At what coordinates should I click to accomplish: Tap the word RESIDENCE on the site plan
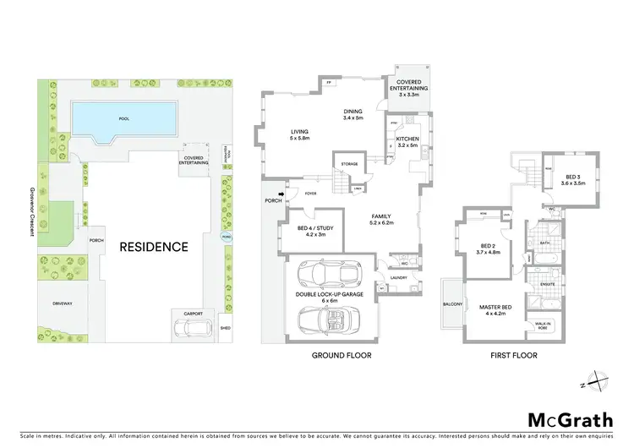[x=153, y=247]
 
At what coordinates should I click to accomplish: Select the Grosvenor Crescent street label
[x=32, y=211]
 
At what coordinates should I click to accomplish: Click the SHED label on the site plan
[x=224, y=329]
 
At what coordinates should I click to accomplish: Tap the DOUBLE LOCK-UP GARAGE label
[x=330, y=296]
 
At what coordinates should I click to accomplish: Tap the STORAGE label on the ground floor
[x=349, y=164]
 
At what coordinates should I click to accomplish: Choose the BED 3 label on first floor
[x=574, y=179]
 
